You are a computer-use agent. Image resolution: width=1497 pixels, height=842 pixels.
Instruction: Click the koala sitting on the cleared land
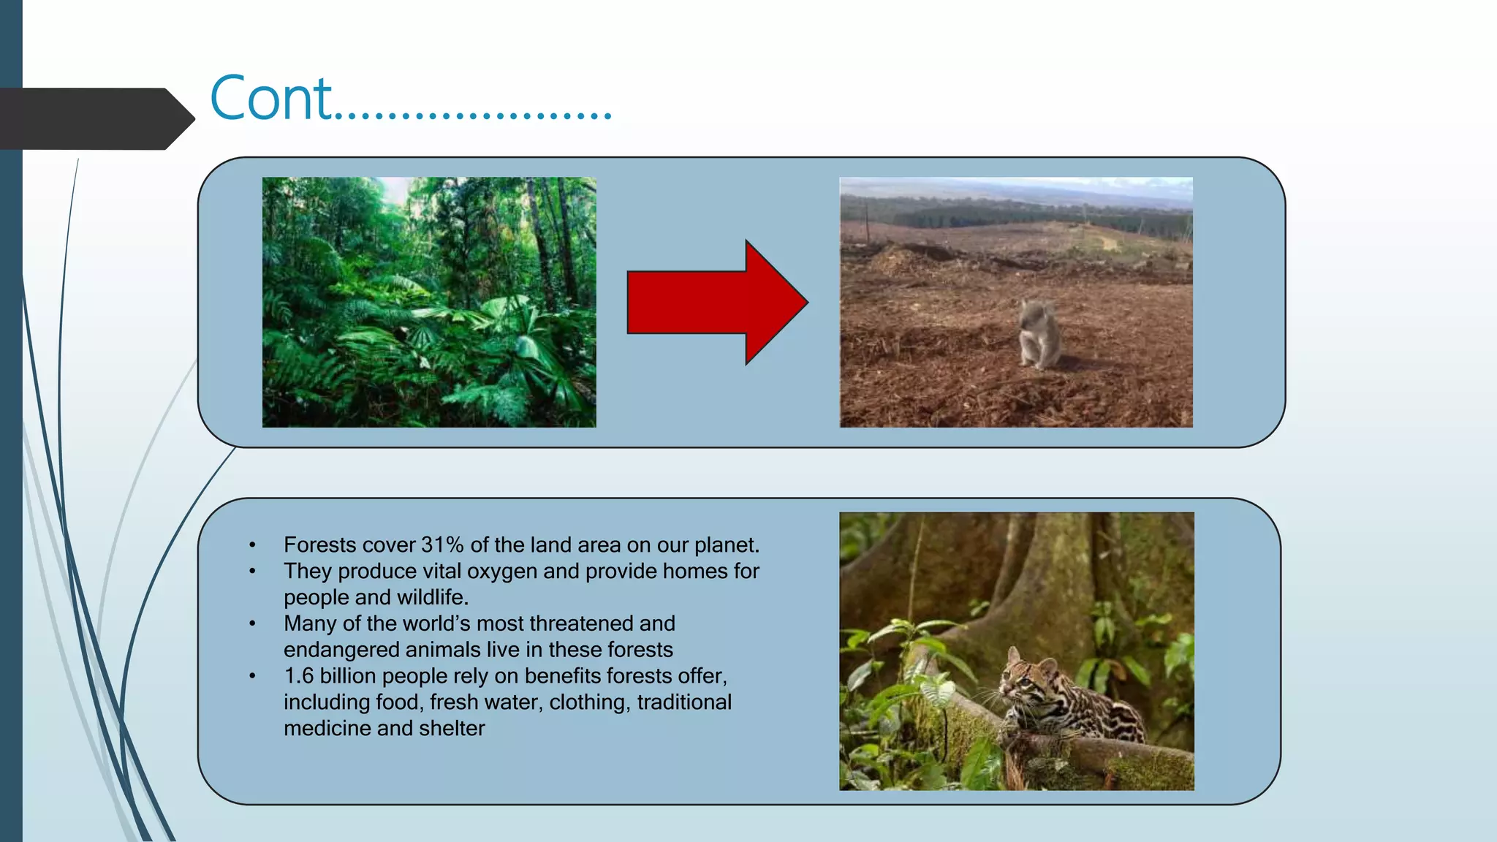point(1039,334)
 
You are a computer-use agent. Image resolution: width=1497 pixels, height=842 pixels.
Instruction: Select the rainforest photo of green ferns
point(429,302)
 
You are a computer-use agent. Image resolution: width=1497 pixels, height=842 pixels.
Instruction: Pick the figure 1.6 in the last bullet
point(298,676)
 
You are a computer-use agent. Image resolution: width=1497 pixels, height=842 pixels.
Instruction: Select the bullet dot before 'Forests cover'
point(252,545)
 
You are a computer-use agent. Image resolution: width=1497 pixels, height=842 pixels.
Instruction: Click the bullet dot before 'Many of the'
point(252,623)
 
